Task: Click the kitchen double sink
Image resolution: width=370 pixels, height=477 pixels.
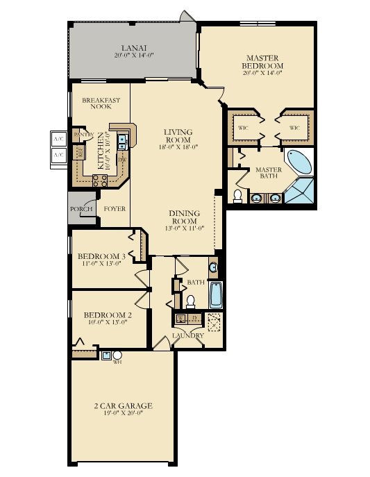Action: tap(122, 142)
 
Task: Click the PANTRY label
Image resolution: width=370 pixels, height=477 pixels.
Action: tap(83, 134)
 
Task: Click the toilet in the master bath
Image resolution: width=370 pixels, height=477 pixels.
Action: tap(237, 196)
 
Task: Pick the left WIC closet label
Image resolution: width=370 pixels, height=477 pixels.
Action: tap(242, 128)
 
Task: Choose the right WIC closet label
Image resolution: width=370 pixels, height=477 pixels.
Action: tap(294, 128)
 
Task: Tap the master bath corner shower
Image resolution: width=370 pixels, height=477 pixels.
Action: tap(301, 191)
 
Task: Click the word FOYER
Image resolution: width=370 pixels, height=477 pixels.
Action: tap(115, 208)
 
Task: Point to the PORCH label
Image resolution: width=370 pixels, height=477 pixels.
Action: tap(81, 208)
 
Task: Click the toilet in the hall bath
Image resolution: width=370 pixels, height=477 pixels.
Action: tap(190, 301)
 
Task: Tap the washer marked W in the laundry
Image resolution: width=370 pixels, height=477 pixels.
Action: tap(180, 319)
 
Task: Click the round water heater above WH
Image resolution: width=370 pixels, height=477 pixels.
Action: tap(117, 355)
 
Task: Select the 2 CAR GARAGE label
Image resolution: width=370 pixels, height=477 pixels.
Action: tap(123, 405)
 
